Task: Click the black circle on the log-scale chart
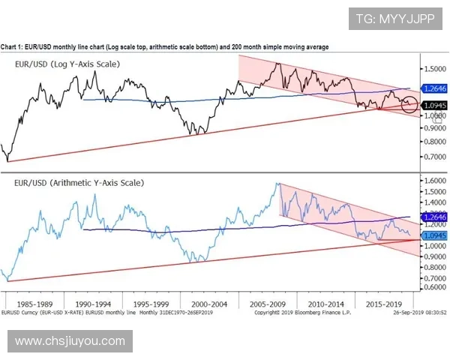pyautogui.click(x=409, y=103)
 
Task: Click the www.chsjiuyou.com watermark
pyautogui.click(x=70, y=341)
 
